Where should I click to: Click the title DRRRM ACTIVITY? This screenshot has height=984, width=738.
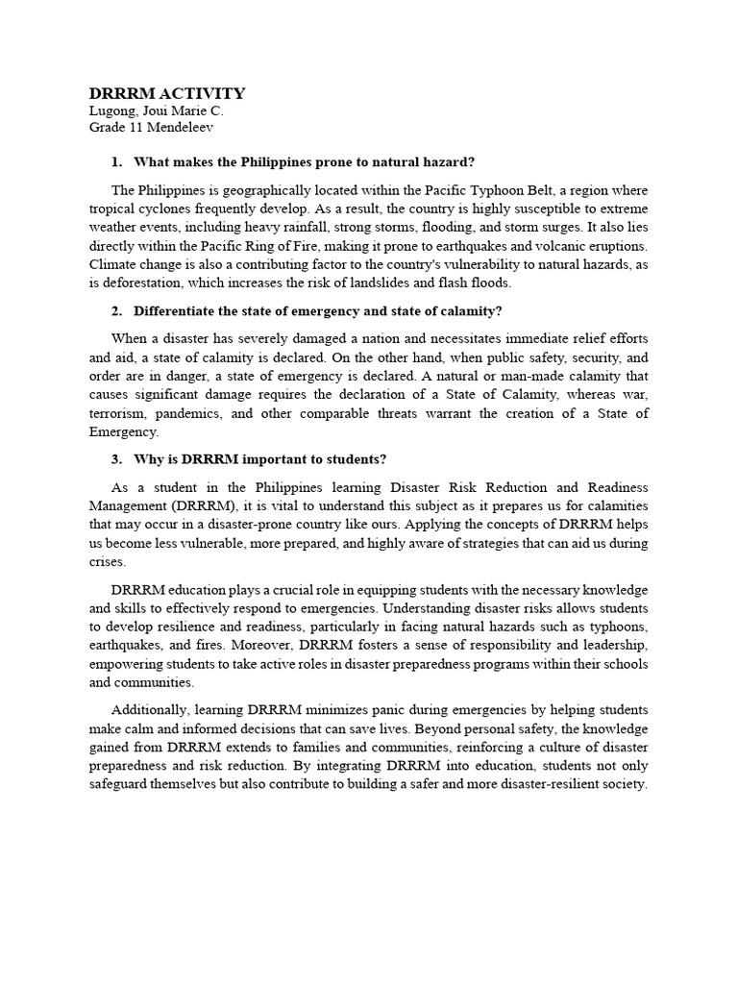coord(167,93)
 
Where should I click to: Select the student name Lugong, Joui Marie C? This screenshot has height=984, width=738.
coord(157,111)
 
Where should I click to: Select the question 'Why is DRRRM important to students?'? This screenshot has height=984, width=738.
coord(260,458)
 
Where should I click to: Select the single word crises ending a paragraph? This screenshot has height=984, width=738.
coord(107,561)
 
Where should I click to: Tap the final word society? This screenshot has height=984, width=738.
coord(624,784)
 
